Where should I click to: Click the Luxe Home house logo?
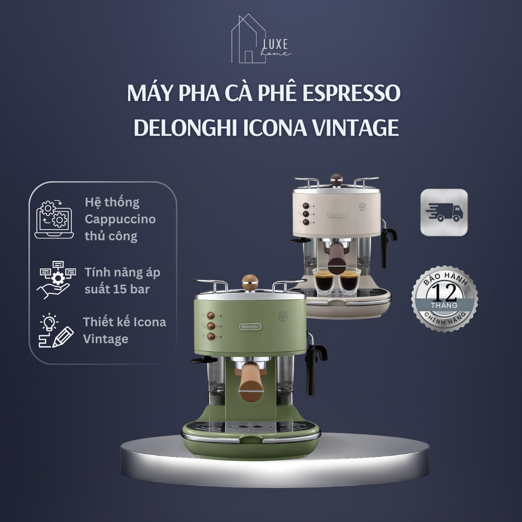click(260, 40)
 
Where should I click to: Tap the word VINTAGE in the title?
click(356, 128)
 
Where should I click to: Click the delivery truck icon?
click(443, 212)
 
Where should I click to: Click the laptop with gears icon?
click(54, 220)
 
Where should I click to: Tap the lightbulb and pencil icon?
click(55, 330)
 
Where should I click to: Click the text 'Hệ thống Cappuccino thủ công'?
click(120, 219)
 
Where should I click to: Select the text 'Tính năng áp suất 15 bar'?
click(122, 280)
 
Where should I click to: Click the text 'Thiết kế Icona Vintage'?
click(124, 330)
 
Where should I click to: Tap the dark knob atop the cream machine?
click(336, 179)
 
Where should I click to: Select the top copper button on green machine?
click(210, 316)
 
